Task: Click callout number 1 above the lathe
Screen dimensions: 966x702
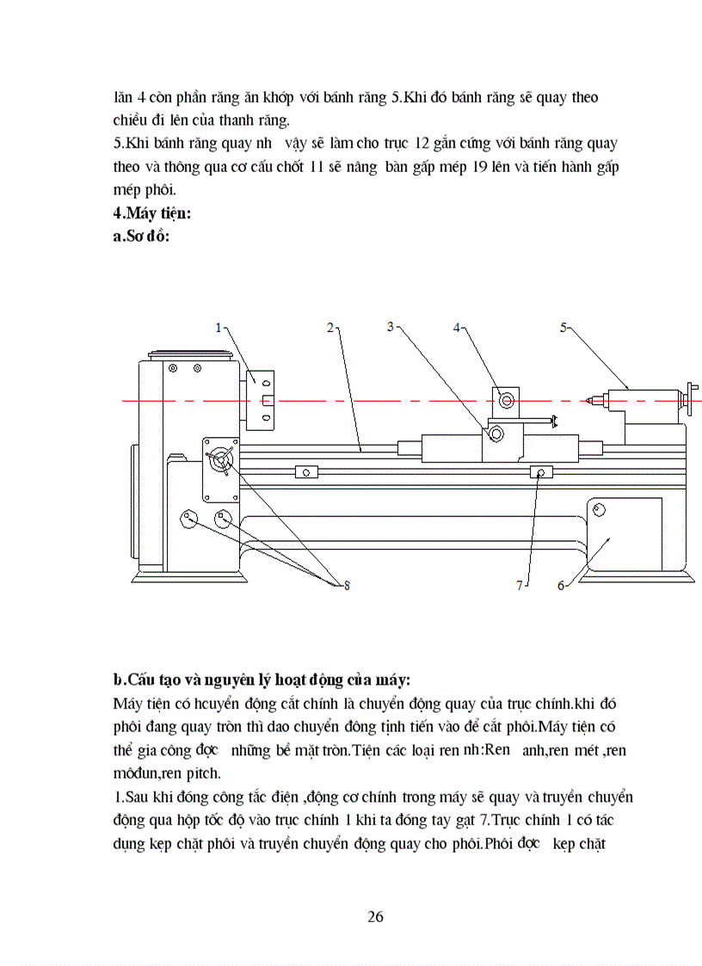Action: click(x=219, y=327)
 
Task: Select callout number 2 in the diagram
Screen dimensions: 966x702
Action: click(x=330, y=327)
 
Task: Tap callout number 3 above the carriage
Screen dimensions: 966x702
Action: click(x=391, y=327)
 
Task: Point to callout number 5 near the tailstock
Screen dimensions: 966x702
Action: click(x=564, y=327)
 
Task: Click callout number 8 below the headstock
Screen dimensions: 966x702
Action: click(x=347, y=586)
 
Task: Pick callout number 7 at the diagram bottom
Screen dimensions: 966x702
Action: click(x=519, y=586)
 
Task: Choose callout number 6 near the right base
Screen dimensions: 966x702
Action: click(x=561, y=586)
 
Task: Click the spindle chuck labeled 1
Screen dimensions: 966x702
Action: click(x=260, y=400)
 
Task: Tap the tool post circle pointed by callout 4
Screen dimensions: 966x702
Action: click(x=505, y=400)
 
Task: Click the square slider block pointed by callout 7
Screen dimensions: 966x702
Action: click(x=541, y=471)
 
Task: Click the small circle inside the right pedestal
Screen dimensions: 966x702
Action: click(x=599, y=510)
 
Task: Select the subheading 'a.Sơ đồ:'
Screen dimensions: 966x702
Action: click(x=142, y=237)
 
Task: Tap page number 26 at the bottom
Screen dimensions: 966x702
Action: click(x=375, y=916)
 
